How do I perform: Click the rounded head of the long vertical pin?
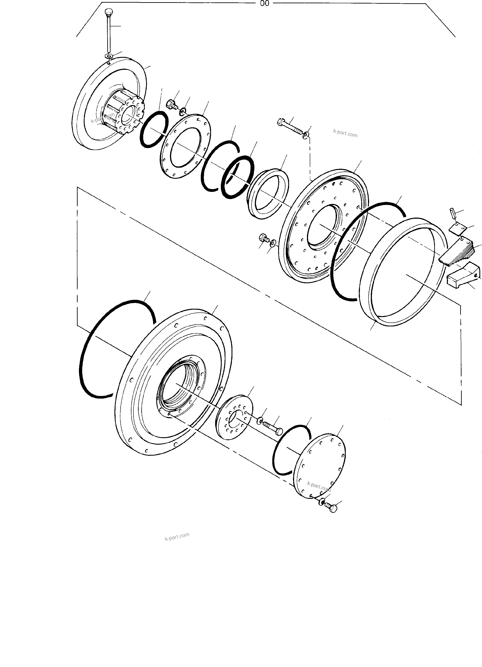(x=109, y=13)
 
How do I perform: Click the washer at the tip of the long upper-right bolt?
(x=306, y=135)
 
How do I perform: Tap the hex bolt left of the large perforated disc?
(x=263, y=237)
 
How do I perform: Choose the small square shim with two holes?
(x=458, y=229)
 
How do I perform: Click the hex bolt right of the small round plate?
(x=274, y=428)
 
